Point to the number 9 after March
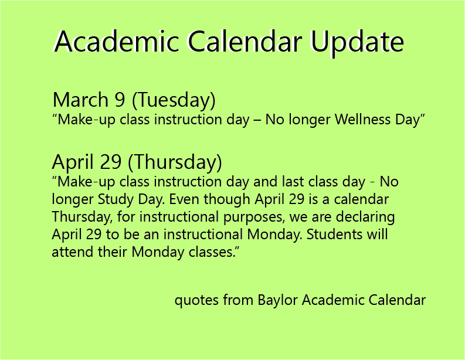point(120,100)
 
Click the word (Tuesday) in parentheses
point(174,100)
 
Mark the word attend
point(70,253)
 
